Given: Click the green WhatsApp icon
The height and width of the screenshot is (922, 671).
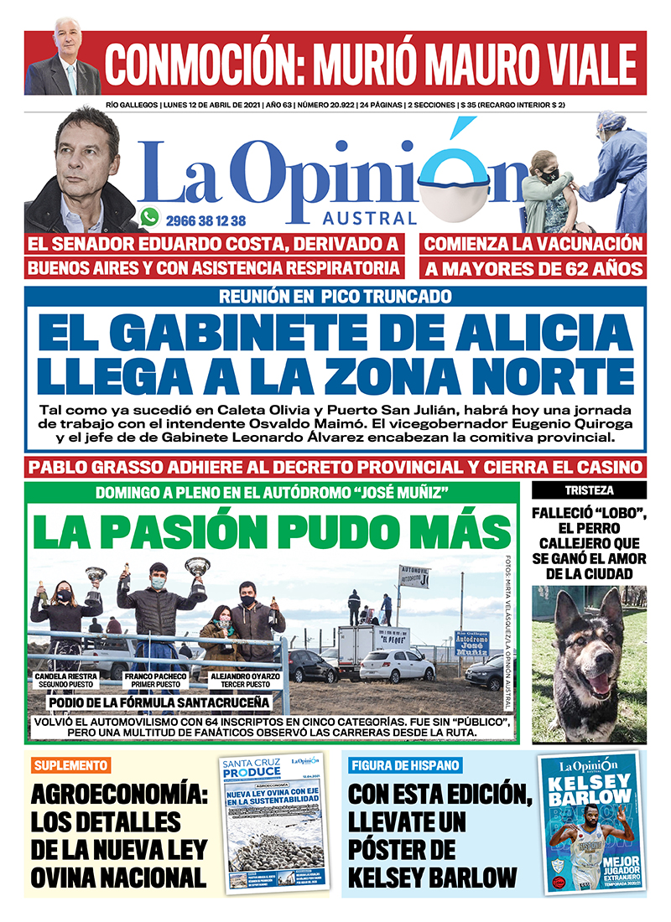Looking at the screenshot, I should (150, 218).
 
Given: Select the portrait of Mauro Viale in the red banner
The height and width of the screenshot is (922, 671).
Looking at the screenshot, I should (64, 64).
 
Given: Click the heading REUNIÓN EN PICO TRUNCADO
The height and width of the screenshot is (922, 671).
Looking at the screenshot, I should (335, 296).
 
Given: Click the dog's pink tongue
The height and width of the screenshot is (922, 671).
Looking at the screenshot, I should (599, 684).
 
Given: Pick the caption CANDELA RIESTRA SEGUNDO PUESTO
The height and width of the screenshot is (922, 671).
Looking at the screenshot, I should (65, 678).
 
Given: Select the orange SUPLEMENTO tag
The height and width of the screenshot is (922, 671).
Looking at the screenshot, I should (72, 764).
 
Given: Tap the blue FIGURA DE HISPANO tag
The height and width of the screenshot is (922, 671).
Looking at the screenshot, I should (405, 764).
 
